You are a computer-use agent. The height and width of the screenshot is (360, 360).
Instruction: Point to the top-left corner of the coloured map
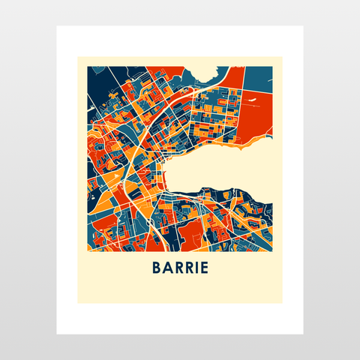[x=88, y=66]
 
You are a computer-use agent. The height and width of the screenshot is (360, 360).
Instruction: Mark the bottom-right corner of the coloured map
[x=273, y=251]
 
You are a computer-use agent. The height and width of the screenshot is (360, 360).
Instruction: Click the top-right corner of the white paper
[x=303, y=26]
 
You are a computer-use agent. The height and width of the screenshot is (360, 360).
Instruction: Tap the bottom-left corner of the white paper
[x=57, y=334]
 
